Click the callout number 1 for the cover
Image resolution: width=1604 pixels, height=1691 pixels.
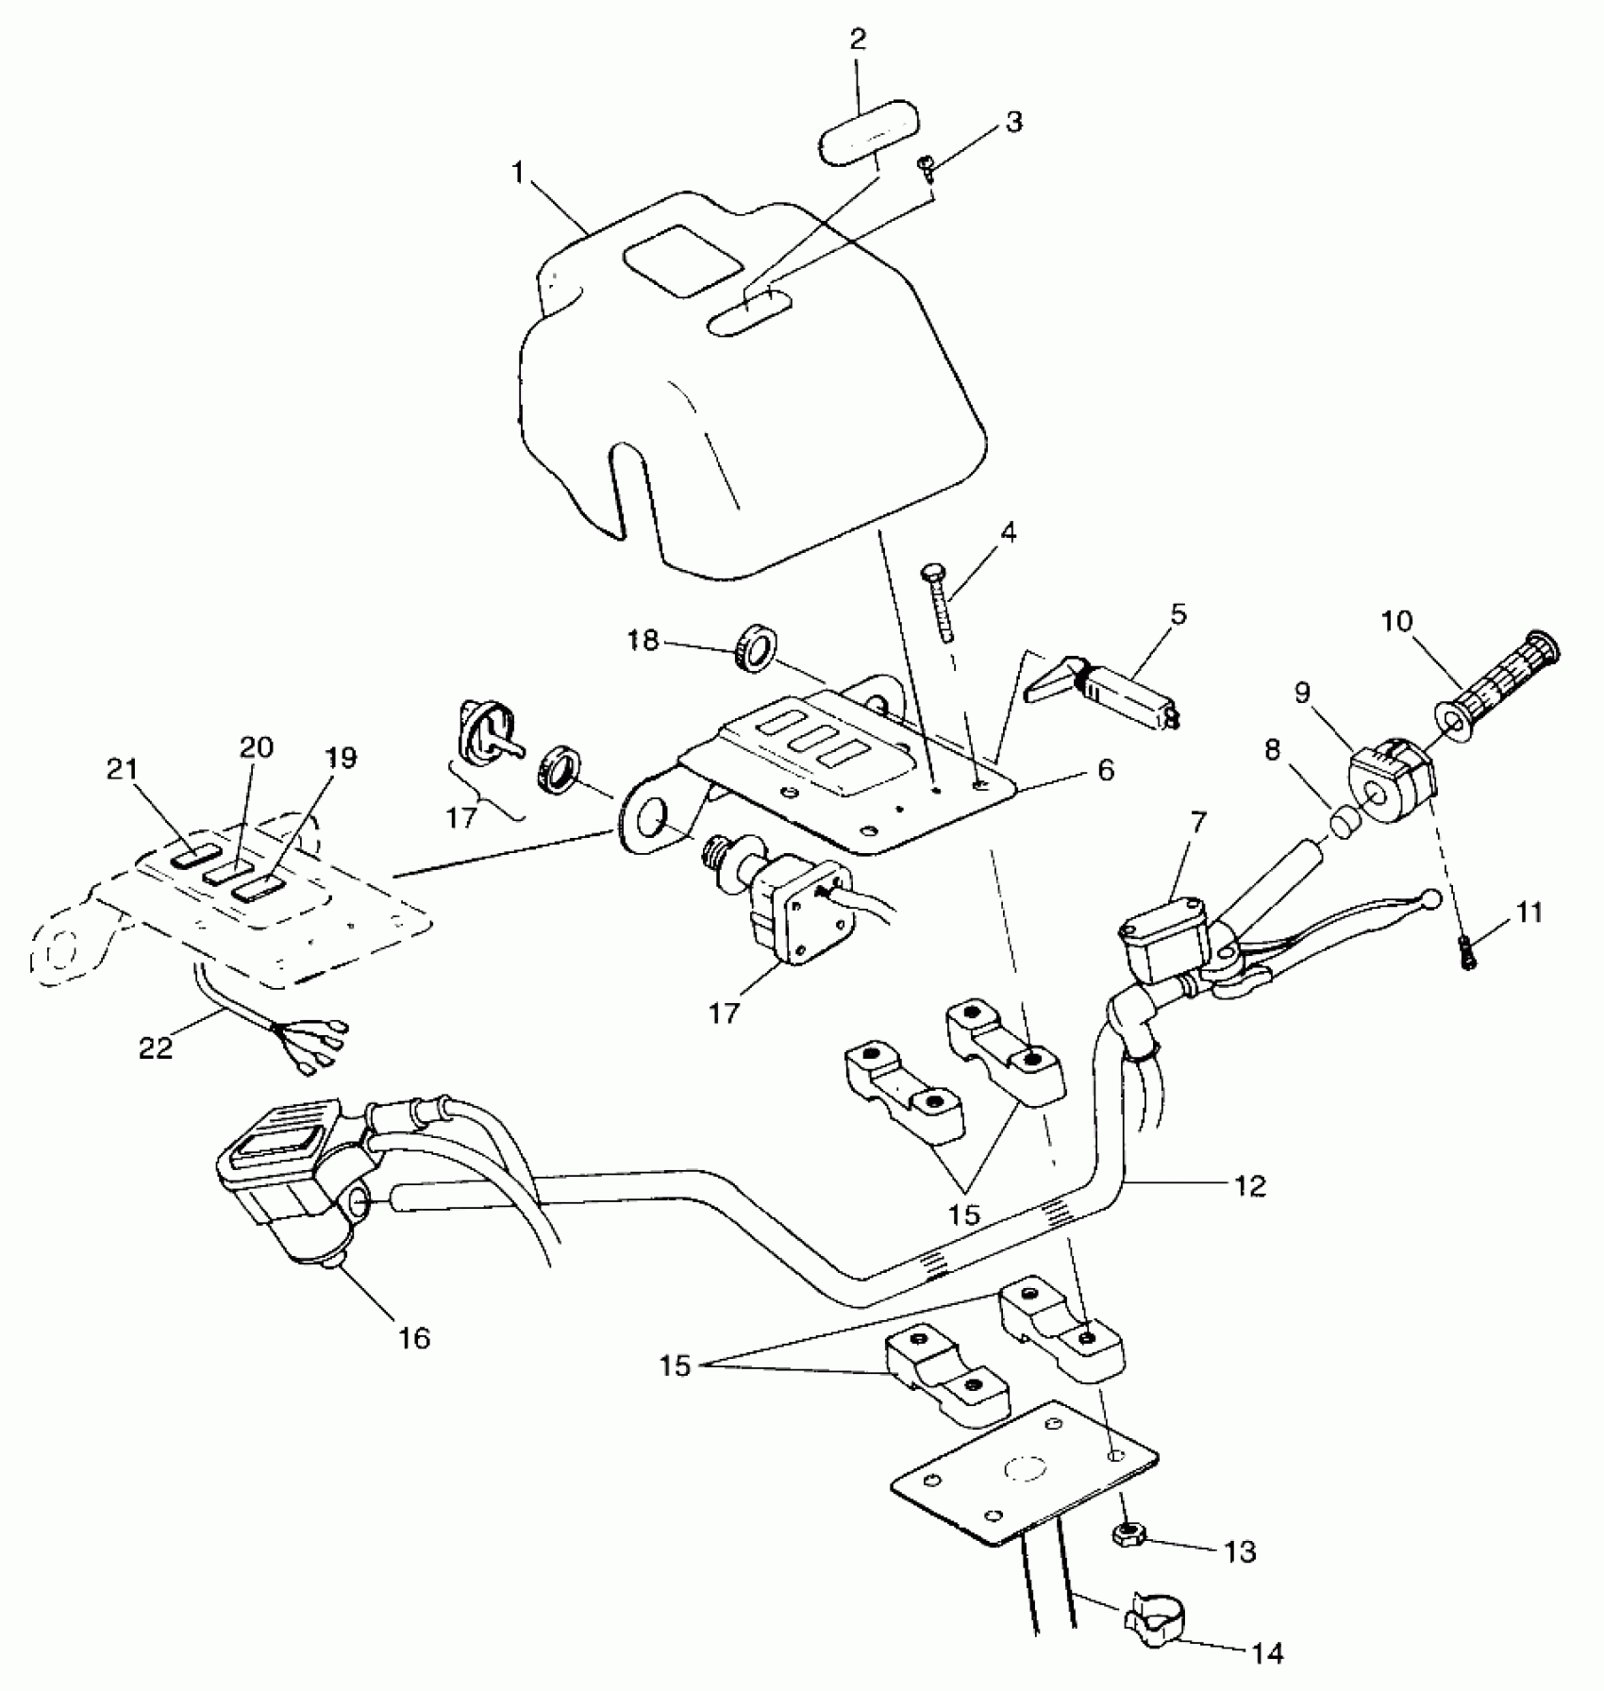pyautogui.click(x=518, y=174)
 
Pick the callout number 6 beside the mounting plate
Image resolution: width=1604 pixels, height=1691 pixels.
pyautogui.click(x=1105, y=770)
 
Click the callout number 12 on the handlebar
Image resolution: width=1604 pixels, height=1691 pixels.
pyautogui.click(x=1249, y=1186)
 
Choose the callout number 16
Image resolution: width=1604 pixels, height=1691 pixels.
pyautogui.click(x=414, y=1337)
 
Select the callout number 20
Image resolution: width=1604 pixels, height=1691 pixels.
pyautogui.click(x=256, y=748)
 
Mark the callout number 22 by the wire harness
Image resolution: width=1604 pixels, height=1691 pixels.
pyautogui.click(x=156, y=1047)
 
